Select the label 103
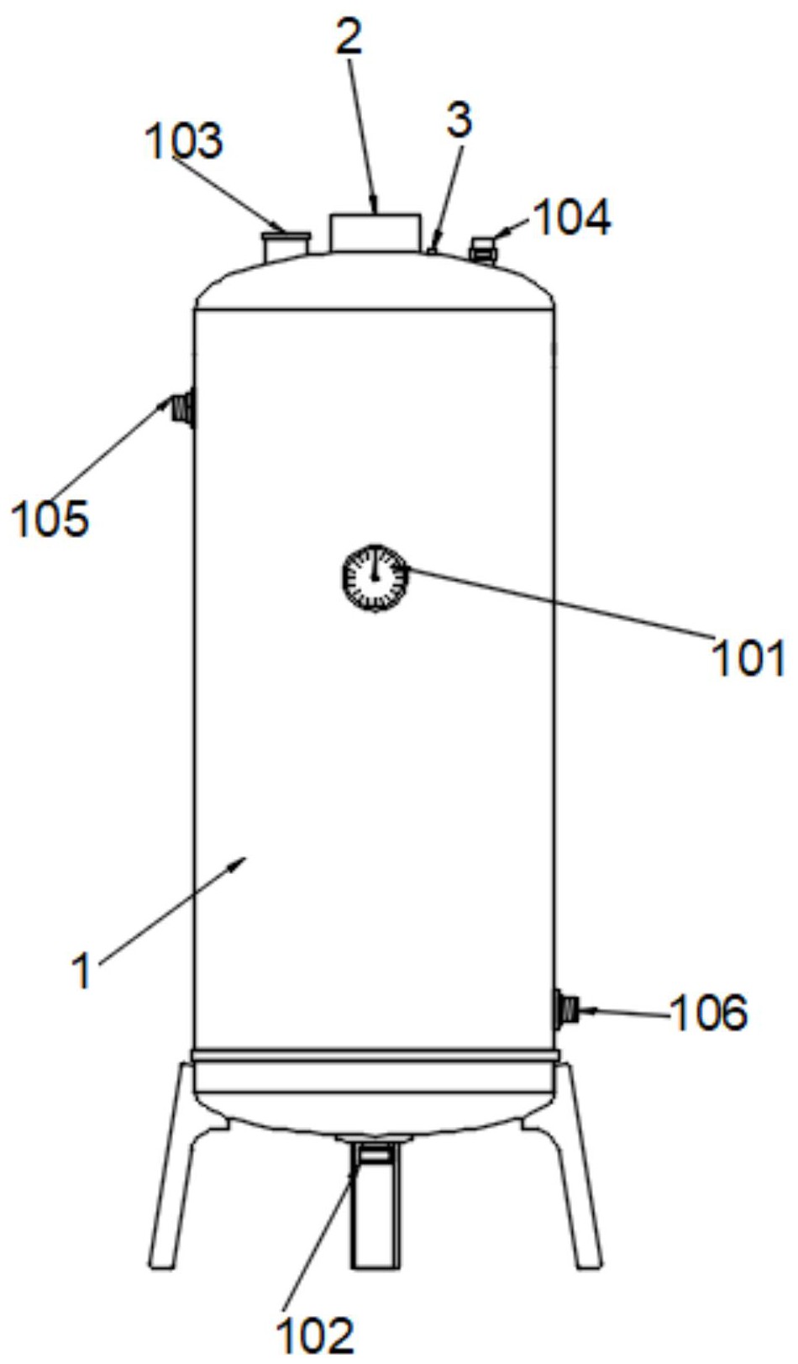pos(184,140)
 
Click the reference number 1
pos(82,972)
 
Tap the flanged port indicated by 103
pos(285,246)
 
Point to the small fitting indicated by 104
pos(483,250)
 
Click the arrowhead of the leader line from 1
pos(244,860)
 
